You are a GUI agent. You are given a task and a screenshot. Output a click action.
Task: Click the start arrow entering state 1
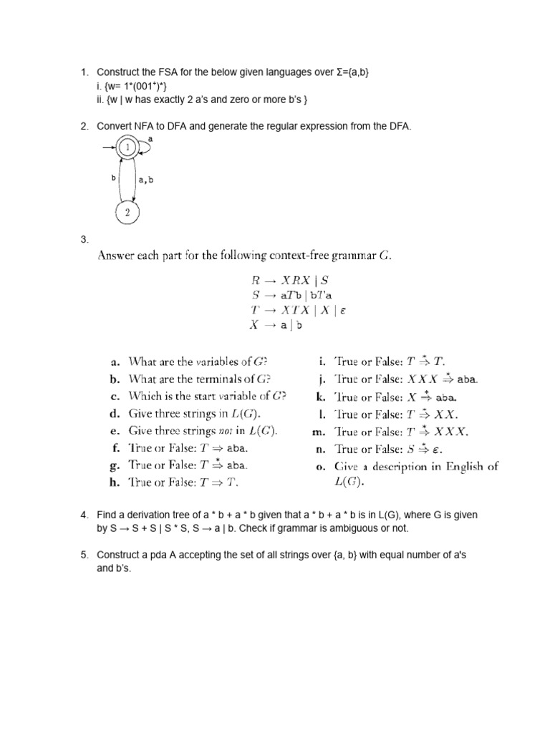point(108,149)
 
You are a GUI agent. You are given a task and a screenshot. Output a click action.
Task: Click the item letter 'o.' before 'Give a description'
point(319,466)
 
